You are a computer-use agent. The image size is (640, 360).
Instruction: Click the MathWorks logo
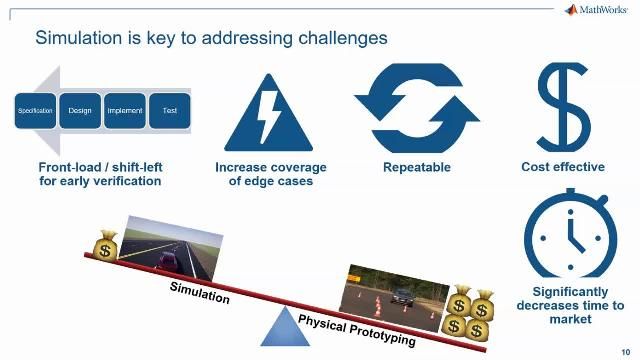pos(597,10)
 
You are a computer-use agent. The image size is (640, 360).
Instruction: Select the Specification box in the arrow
pos(34,110)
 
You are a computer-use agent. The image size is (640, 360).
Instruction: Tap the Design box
pos(79,110)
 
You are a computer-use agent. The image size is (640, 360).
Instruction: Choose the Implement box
pos(124,110)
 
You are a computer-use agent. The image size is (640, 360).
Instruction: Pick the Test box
pos(169,110)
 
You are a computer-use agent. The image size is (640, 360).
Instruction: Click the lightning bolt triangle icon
pos(271,113)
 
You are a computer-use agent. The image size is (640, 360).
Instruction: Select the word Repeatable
pos(416,167)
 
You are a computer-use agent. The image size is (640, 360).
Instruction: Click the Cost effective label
pos(563,167)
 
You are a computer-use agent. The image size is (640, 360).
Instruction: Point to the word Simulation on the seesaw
pos(199,293)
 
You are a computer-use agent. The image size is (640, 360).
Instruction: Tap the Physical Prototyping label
pos(356,328)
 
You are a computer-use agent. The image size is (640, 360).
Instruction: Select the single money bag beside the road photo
pos(103,245)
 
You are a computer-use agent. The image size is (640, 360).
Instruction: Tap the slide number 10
pos(625,350)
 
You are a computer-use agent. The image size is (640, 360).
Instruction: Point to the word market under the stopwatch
pos(570,319)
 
